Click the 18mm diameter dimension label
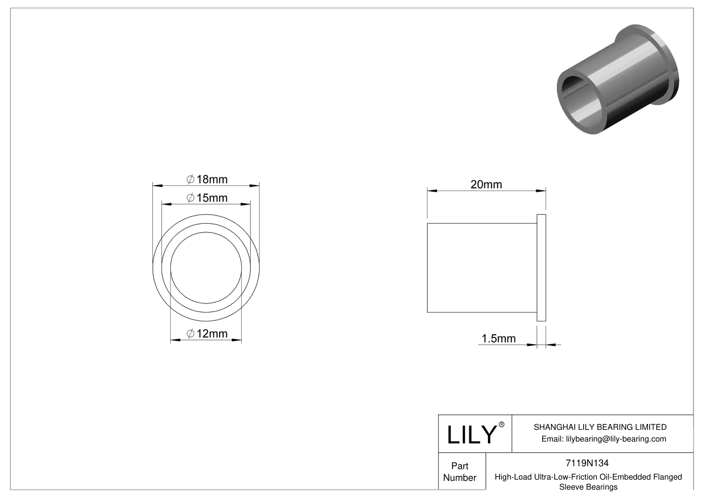tap(207, 179)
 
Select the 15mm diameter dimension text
tap(207, 198)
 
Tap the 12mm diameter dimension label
tap(207, 334)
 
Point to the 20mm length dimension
tap(486, 184)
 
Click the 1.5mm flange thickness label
tap(499, 338)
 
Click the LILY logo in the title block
tap(471, 434)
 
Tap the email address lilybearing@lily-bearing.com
tap(604, 439)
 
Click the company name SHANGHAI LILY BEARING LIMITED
tap(600, 427)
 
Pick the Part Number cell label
tap(460, 472)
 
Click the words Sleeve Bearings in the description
tap(588, 487)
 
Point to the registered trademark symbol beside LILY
tap(502, 424)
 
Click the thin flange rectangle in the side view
tap(541, 268)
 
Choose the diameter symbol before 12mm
tap(190, 334)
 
